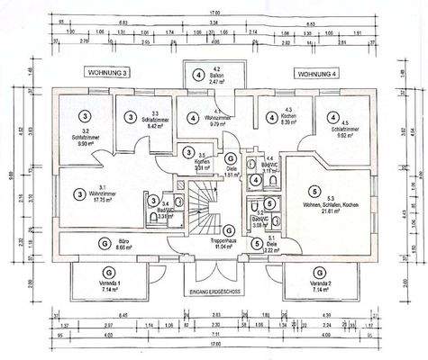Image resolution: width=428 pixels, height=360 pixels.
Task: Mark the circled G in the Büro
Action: point(107,242)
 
